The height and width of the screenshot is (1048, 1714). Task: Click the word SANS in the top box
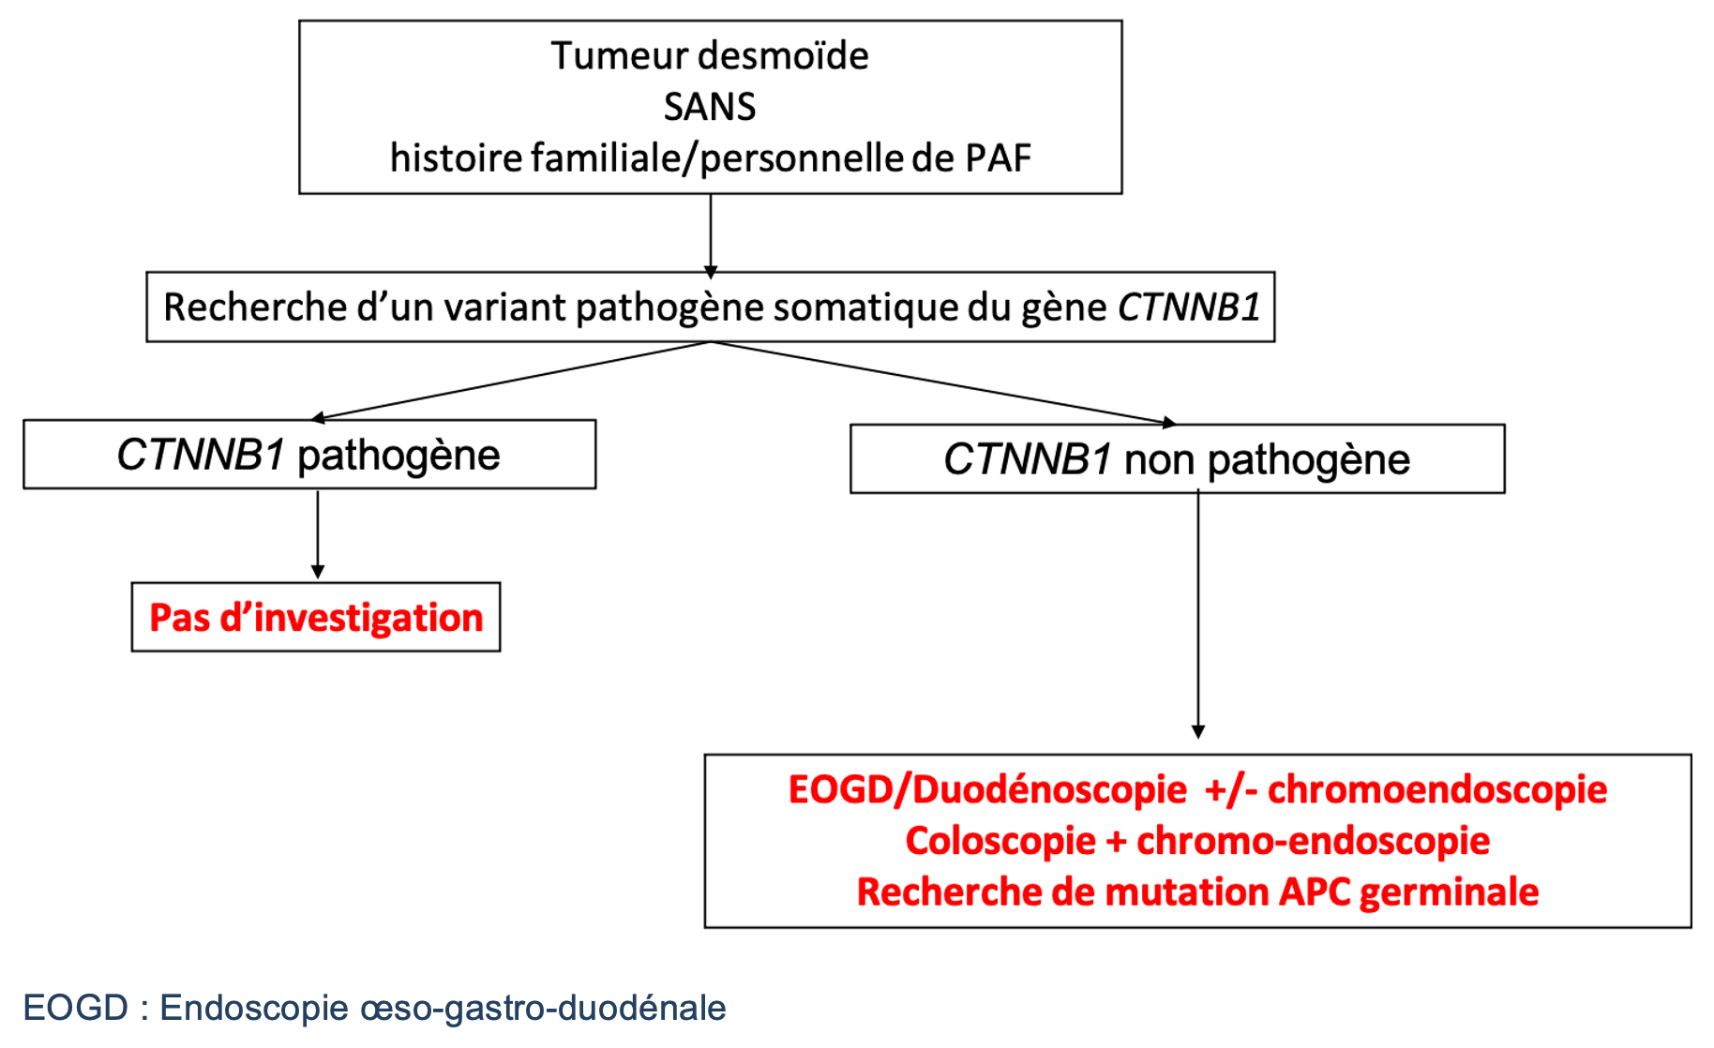(x=710, y=107)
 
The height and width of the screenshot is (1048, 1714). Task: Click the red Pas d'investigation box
(x=316, y=617)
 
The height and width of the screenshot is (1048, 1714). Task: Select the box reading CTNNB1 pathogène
(x=309, y=455)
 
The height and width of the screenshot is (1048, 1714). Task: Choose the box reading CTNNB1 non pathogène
(x=1178, y=459)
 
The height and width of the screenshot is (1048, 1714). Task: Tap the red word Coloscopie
(x=1000, y=841)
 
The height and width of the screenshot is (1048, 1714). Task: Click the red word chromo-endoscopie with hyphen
(x=1313, y=841)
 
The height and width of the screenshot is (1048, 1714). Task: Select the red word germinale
(x=1449, y=893)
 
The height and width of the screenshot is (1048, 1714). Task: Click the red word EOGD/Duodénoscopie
(x=987, y=790)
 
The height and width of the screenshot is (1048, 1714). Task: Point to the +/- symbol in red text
(x=1230, y=790)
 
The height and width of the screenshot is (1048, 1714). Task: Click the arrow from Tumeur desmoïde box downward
(x=711, y=236)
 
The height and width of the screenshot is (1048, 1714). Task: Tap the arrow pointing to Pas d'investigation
(x=318, y=534)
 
